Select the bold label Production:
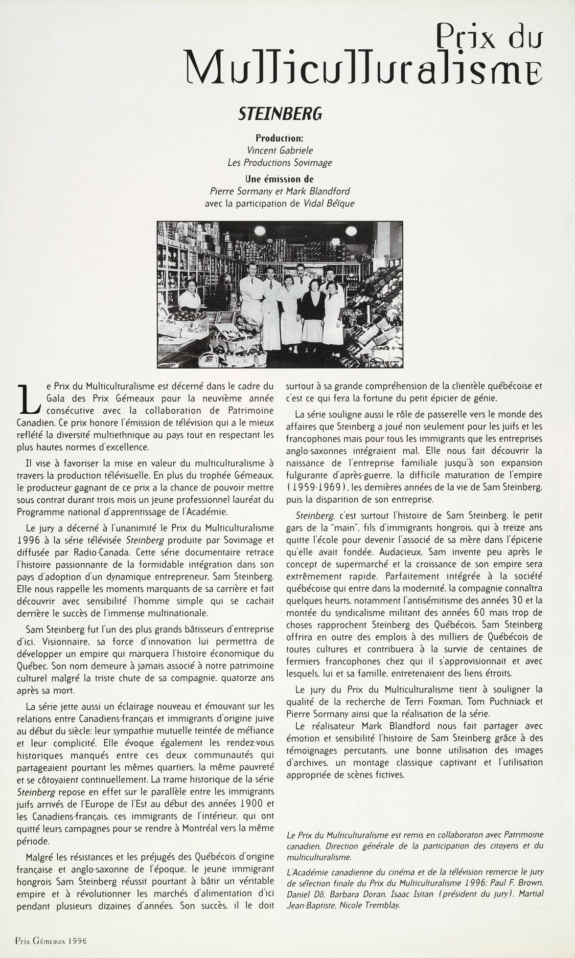click(x=279, y=138)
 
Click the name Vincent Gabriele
click(x=280, y=151)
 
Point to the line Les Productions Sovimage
click(x=280, y=162)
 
